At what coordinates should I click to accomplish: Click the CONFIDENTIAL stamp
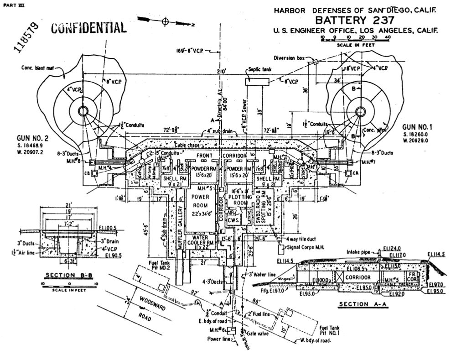click(x=88, y=28)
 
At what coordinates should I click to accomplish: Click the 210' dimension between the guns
click(x=222, y=72)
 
